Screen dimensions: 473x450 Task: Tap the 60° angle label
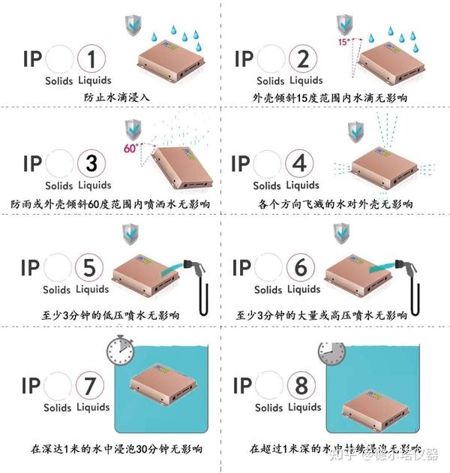click(130, 148)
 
